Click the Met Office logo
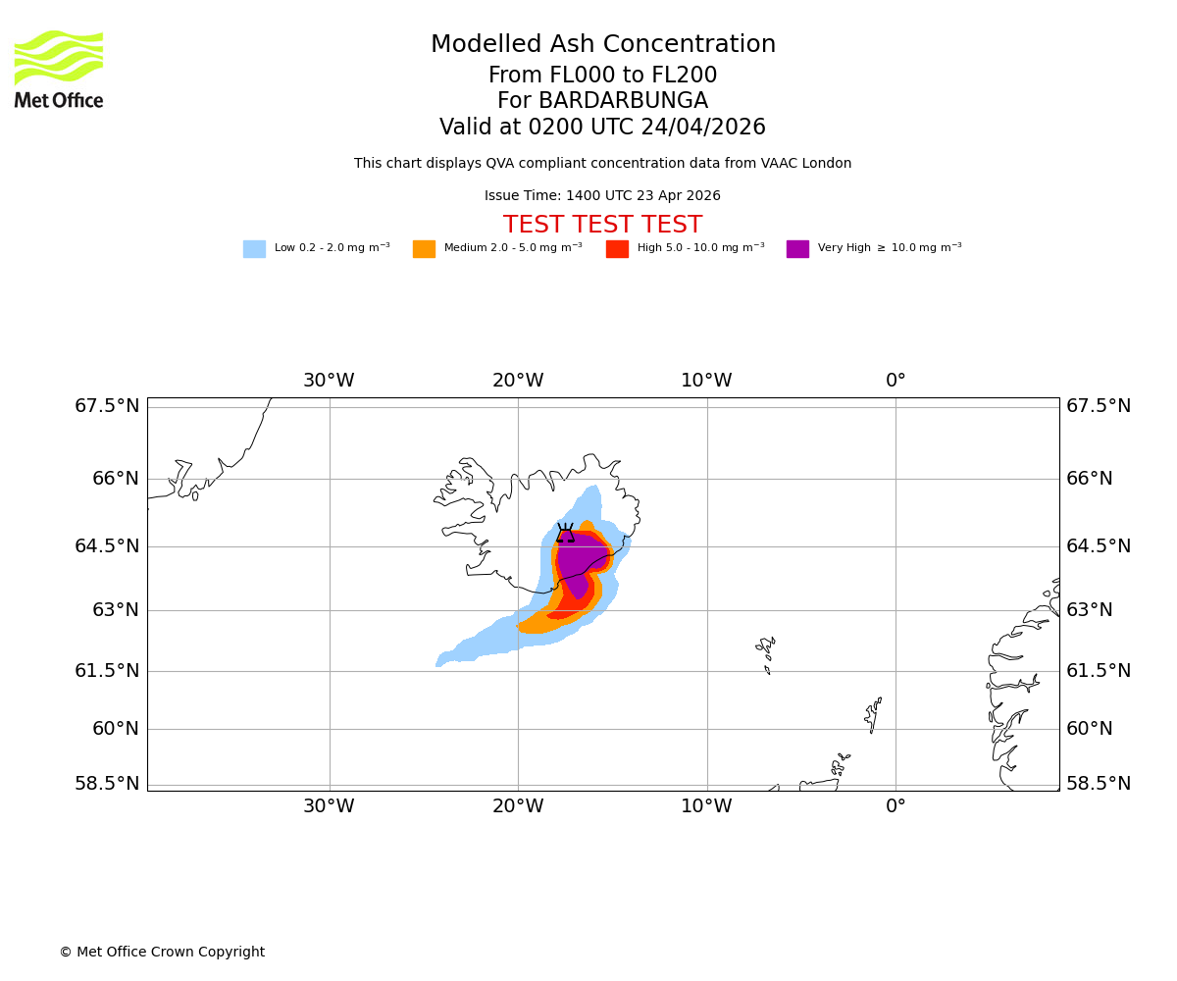click(x=59, y=69)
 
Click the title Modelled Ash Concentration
click(x=602, y=45)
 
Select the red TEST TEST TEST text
click(x=602, y=225)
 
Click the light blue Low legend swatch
click(x=254, y=249)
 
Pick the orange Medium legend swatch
click(x=424, y=249)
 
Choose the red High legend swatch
click(x=617, y=249)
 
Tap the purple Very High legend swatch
click(x=797, y=249)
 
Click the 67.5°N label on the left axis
click(x=107, y=406)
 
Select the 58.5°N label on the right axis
click(x=1099, y=784)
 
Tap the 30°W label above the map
click(x=329, y=381)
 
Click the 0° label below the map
click(x=896, y=806)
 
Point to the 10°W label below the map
click(x=706, y=806)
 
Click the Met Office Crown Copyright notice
click(x=162, y=952)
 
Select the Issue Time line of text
click(x=602, y=196)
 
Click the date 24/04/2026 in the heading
click(x=703, y=128)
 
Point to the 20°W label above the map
click(x=518, y=381)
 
